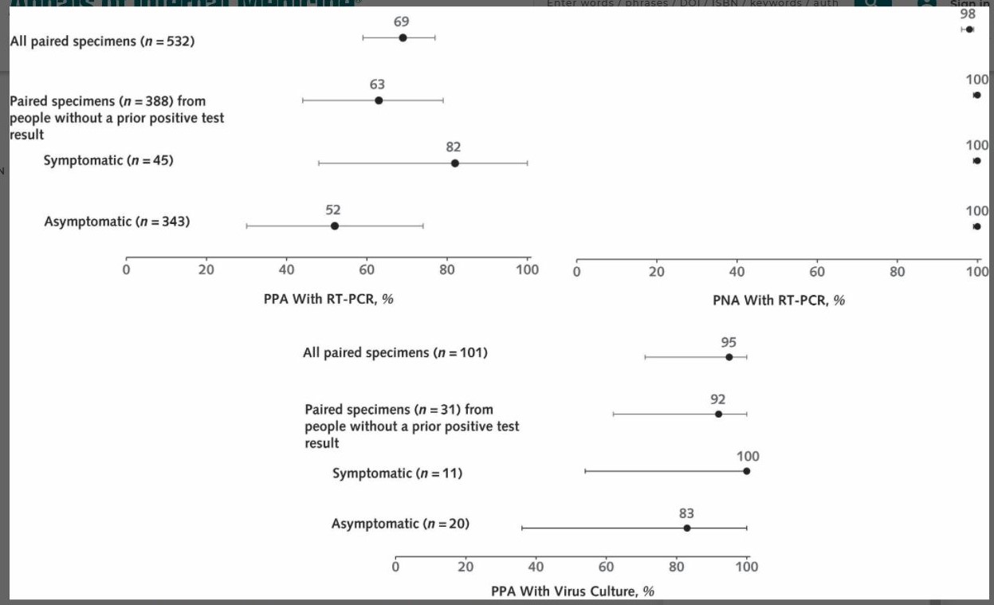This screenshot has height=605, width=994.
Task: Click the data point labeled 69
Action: (x=403, y=37)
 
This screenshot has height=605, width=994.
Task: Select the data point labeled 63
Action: (x=379, y=100)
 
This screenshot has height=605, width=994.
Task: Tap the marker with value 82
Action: (x=455, y=163)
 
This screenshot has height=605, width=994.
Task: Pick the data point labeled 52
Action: (x=334, y=226)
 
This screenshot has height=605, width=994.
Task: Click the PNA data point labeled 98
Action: (x=969, y=29)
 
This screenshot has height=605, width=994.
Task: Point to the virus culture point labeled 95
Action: (x=729, y=357)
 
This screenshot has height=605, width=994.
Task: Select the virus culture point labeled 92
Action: (x=718, y=414)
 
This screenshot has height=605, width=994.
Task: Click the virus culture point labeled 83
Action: (x=686, y=528)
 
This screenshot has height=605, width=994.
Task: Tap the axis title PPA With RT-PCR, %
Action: (x=328, y=300)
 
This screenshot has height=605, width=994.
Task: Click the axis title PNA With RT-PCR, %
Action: (x=779, y=301)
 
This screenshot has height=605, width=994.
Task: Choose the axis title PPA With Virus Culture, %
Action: (x=572, y=591)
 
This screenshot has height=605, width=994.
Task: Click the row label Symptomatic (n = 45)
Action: (x=108, y=160)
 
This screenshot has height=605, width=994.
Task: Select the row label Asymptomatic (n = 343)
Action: (x=117, y=222)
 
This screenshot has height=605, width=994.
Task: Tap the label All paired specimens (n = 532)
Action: (x=102, y=41)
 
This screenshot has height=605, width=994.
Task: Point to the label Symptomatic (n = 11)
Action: (x=397, y=473)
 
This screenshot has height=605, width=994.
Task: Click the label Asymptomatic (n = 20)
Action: (x=400, y=524)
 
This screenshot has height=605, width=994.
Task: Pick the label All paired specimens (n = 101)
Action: (x=395, y=352)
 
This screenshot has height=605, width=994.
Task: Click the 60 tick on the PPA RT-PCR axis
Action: (x=367, y=269)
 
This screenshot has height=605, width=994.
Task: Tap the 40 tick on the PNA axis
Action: (x=737, y=272)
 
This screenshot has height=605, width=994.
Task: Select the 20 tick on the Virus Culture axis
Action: (x=466, y=567)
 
